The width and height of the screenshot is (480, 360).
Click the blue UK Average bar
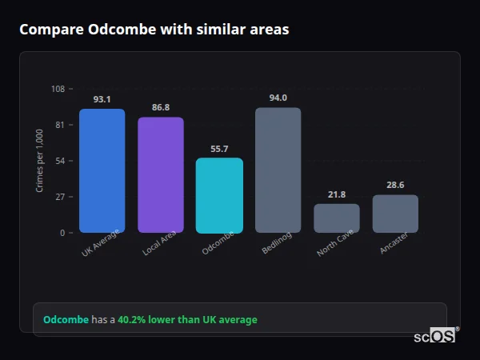[102, 170]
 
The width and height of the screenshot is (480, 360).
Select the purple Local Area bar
[161, 174]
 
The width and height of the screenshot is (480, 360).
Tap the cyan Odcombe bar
[219, 195]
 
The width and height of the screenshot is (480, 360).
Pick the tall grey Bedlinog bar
[278, 170]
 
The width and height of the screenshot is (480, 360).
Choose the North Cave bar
[336, 218]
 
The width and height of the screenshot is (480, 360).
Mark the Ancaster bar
[395, 214]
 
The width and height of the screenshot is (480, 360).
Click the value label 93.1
[102, 99]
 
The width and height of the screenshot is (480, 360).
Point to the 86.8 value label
[161, 107]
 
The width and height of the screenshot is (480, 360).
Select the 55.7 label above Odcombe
[219, 149]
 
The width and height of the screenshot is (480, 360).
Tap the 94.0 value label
[278, 98]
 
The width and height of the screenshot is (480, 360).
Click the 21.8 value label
[336, 194]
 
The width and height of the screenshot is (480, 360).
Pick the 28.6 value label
[395, 185]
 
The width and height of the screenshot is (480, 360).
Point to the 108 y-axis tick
[58, 89]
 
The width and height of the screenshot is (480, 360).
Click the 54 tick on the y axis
[60, 161]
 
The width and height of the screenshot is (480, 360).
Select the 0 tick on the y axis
[62, 233]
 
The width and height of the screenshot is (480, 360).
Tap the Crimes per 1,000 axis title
[40, 161]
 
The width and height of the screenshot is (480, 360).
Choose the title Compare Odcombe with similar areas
[154, 30]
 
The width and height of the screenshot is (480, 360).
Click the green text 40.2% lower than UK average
[187, 320]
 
